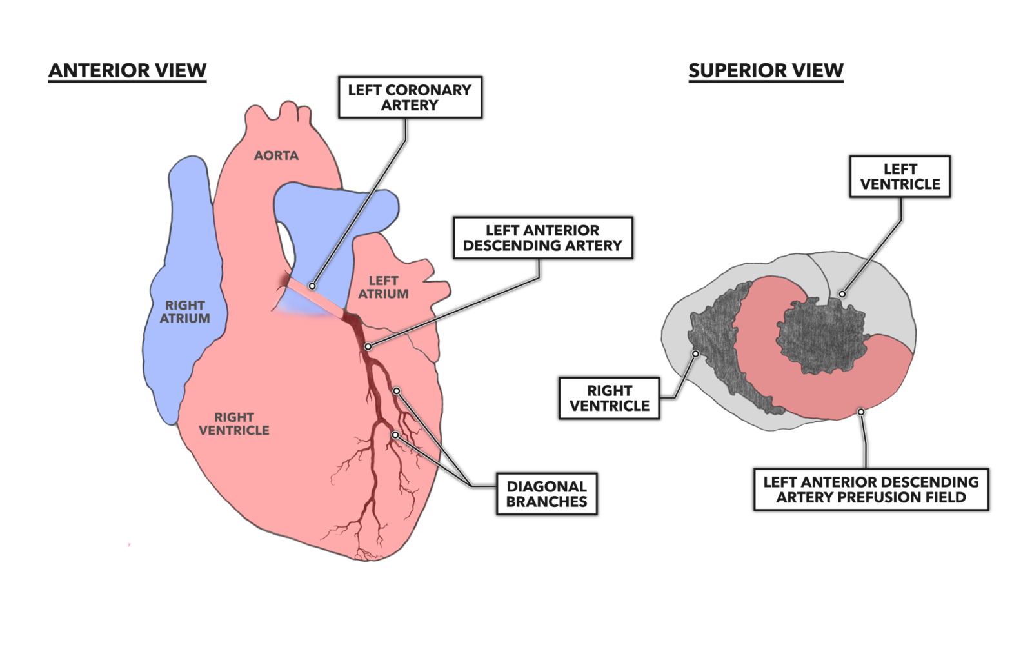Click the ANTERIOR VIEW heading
[128, 70]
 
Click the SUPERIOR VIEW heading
[766, 70]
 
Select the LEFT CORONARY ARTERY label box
[410, 97]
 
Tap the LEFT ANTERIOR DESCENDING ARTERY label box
[542, 237]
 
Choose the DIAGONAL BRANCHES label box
[546, 494]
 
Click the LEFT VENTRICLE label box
[900, 176]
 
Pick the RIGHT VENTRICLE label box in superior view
[609, 398]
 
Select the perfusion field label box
[871, 490]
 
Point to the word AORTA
[276, 155]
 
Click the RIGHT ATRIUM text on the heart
[185, 312]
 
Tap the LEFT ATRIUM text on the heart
[383, 287]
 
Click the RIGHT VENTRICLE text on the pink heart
[233, 424]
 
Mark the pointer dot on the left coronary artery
[312, 286]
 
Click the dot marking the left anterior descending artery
[368, 347]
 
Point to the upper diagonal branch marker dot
[397, 391]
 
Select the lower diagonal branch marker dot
[395, 435]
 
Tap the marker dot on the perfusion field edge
[861, 412]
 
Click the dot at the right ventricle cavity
[695, 353]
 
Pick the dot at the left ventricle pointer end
[842, 294]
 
